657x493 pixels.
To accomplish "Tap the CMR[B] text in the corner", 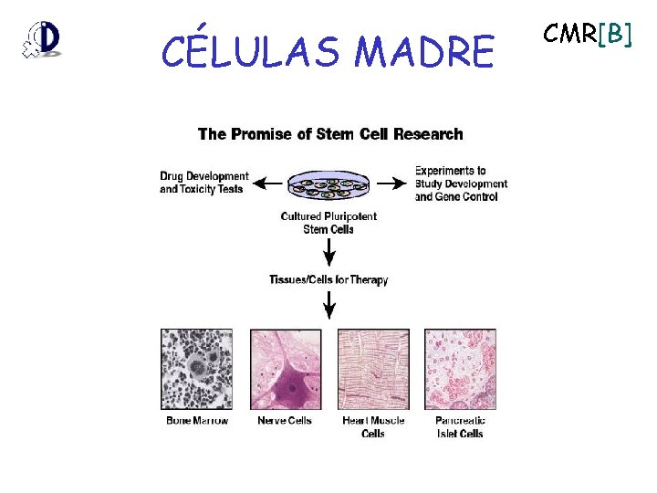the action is [587, 34].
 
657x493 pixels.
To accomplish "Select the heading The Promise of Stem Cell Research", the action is [330, 134].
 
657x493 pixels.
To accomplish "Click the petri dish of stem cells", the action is [328, 186].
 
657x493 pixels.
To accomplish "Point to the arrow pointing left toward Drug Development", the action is [266, 183].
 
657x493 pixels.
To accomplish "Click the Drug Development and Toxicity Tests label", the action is [203, 183].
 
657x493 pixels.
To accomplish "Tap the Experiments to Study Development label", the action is [461, 184].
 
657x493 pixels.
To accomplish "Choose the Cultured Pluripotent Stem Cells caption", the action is [328, 223].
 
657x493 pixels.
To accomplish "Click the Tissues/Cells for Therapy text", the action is [328, 279].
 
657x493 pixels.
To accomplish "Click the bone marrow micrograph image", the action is [197, 369].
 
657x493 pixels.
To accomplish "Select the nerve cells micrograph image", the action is [286, 369].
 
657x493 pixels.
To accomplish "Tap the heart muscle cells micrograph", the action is [373, 369].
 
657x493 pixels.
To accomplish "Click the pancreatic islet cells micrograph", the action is [460, 369].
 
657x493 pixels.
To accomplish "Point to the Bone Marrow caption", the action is [197, 421].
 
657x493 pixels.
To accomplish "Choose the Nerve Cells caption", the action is [285, 421].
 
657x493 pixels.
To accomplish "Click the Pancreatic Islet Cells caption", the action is [460, 426].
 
